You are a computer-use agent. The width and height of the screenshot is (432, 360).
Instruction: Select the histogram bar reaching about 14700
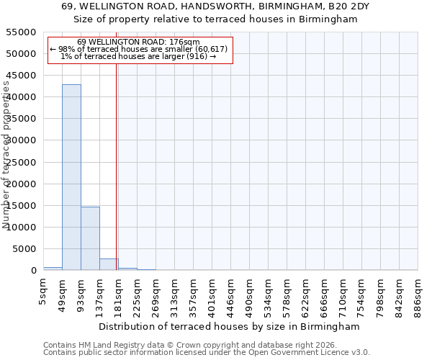coord(90,238)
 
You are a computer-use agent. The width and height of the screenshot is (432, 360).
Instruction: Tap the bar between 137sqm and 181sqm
coord(109,264)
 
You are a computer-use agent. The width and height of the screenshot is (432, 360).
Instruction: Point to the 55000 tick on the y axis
coord(22,32)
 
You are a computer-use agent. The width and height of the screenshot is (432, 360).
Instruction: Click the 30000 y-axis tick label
coord(22,140)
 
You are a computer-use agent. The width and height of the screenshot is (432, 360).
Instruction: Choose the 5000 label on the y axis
coord(24,249)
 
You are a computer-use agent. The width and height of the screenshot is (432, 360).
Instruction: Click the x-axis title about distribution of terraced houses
coord(238,326)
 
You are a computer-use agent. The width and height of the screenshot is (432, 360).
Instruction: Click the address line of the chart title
coord(216,6)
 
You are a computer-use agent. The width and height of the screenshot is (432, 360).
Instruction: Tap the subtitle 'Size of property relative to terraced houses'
coord(216,19)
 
